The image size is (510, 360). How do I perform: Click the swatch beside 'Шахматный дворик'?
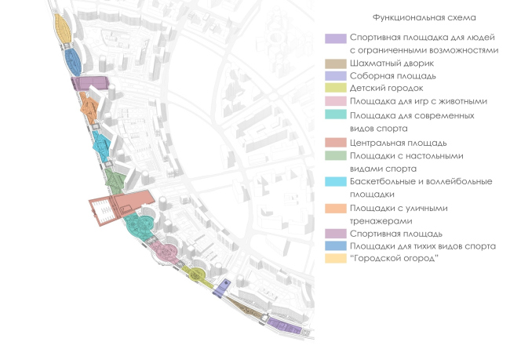335,64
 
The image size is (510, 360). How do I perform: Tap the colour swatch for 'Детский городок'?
335,89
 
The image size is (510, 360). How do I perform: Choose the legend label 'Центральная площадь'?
399,143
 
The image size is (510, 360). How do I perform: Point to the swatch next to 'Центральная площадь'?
335,143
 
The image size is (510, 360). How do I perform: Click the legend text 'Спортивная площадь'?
396,234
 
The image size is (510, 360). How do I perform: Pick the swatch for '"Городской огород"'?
335,259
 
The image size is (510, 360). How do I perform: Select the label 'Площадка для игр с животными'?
419,101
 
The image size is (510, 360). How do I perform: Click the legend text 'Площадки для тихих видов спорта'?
423,246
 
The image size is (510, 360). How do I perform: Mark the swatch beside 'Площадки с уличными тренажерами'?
335,209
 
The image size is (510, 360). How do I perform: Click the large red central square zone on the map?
118,205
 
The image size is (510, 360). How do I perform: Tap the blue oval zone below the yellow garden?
73,60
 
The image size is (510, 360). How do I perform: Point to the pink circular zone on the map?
166,252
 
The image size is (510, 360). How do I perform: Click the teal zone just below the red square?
138,227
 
